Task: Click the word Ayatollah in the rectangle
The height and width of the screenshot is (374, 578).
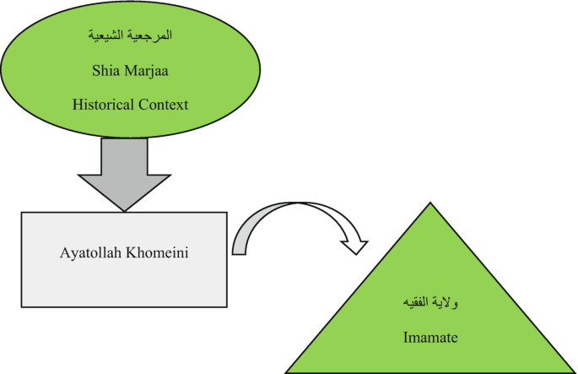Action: click(x=90, y=252)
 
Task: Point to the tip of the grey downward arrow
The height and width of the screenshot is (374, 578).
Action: click(x=125, y=210)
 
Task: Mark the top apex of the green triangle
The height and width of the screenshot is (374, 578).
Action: click(x=430, y=203)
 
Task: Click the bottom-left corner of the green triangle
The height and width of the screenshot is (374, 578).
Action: click(x=287, y=371)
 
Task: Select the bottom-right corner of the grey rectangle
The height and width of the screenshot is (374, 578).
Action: click(x=226, y=306)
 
